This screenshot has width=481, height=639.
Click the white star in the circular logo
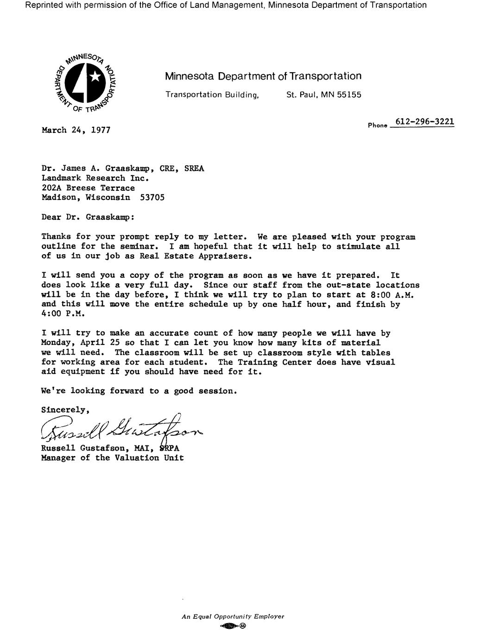(95, 76)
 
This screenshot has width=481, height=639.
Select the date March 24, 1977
(76, 130)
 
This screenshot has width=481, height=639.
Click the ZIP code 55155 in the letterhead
(349, 94)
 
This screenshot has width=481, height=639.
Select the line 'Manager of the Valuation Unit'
(113, 458)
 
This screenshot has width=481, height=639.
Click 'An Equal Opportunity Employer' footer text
(233, 616)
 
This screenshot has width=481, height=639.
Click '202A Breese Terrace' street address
(88, 188)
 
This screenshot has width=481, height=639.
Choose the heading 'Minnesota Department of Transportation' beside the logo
(263, 76)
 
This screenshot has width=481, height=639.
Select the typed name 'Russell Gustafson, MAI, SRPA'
(110, 448)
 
